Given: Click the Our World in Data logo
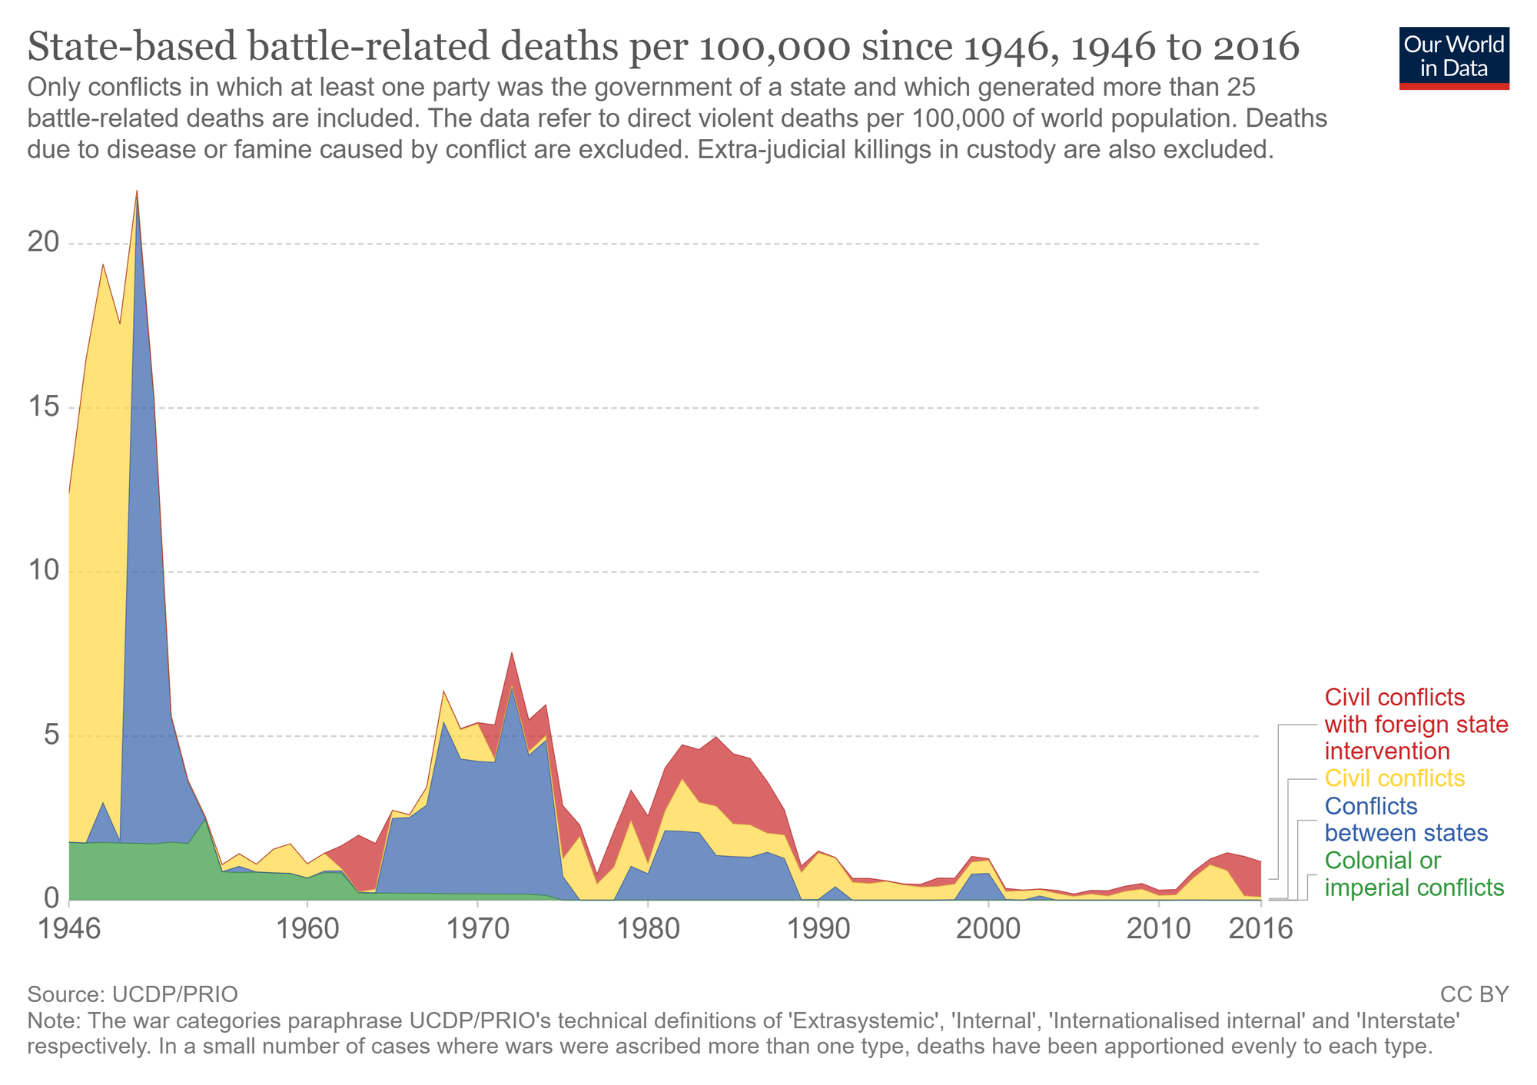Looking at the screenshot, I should (1454, 58).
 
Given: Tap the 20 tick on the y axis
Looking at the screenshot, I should (44, 244).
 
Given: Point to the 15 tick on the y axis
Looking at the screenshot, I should (44, 407).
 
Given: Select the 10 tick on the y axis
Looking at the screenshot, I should (44, 571).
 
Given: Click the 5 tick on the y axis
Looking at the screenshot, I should (51, 735).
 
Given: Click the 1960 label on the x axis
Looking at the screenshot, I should (307, 929).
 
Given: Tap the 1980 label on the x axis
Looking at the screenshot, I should (648, 929).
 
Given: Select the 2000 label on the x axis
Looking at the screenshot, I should (988, 929).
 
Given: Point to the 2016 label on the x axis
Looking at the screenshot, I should (1260, 929).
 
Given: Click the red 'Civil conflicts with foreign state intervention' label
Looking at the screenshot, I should (1416, 724).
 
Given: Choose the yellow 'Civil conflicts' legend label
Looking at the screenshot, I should (1395, 778).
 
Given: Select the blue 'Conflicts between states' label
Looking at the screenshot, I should (1406, 819).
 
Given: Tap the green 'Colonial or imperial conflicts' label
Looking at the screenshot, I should (1414, 874).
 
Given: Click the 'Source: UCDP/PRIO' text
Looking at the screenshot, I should (132, 994).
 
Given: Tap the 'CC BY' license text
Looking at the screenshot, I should (1474, 994).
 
